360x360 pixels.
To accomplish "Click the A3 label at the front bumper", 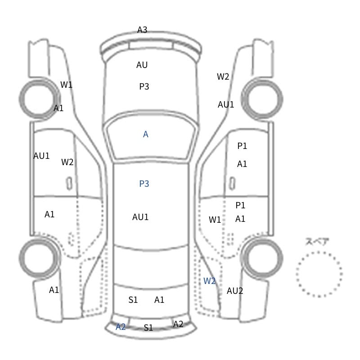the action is click(x=142, y=30).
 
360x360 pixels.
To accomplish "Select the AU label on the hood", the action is click(x=142, y=65).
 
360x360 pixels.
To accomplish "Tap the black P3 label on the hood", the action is click(x=144, y=86).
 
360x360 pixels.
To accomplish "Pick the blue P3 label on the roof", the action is click(x=144, y=184).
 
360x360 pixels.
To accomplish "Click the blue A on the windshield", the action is click(x=145, y=134).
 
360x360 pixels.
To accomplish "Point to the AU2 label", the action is click(x=234, y=291).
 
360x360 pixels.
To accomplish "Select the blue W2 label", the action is click(x=209, y=281).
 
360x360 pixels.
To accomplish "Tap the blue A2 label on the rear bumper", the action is click(x=121, y=327).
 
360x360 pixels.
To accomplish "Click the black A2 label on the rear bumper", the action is click(x=178, y=324).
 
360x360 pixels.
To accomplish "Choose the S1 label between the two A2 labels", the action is click(x=148, y=328).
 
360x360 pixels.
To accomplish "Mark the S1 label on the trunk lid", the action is click(x=133, y=300).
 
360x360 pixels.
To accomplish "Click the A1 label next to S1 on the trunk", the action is click(x=159, y=300).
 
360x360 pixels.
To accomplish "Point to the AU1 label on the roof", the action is click(x=140, y=217).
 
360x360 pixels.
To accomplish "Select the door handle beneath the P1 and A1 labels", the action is click(x=233, y=184).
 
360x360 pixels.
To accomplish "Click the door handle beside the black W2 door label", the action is click(x=69, y=184).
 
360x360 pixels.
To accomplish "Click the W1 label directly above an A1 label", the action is click(x=66, y=85).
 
